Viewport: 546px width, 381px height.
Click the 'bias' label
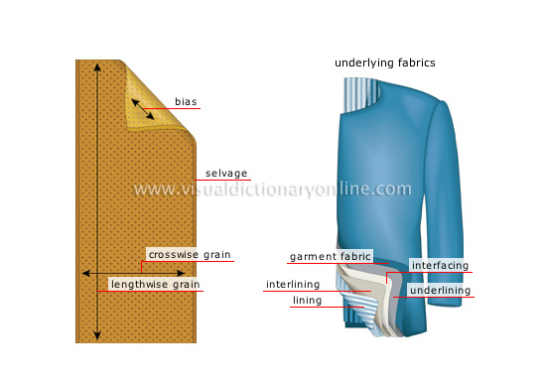[x=186, y=102]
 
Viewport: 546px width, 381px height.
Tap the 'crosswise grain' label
[x=190, y=255]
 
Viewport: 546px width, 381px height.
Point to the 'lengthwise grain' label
[x=155, y=285]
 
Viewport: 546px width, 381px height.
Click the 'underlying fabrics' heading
[x=385, y=63]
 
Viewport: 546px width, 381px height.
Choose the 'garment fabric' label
[x=331, y=257]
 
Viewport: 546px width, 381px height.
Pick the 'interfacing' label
[x=440, y=265]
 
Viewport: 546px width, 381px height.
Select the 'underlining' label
[x=440, y=291]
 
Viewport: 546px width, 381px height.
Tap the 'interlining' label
[x=293, y=285]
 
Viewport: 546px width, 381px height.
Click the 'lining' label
[x=307, y=300]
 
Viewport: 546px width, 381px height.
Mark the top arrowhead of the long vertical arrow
[x=97, y=66]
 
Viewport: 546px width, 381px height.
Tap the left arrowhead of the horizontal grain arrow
[x=86, y=272]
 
